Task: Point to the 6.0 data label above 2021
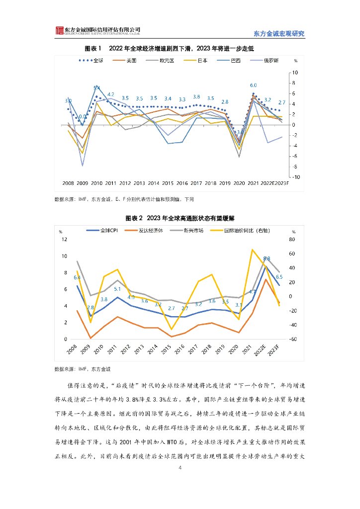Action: pyautogui.click(x=253, y=85)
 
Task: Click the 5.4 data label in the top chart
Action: pyautogui.click(x=96, y=88)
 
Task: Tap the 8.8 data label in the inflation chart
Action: pyautogui.click(x=267, y=258)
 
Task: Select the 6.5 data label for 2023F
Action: pyautogui.click(x=279, y=277)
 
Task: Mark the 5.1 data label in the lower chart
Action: pyautogui.click(x=117, y=289)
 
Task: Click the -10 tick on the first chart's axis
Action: pyautogui.click(x=294, y=177)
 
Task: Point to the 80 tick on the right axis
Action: pyautogui.click(x=292, y=239)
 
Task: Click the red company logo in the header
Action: pyautogui.click(x=60, y=31)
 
